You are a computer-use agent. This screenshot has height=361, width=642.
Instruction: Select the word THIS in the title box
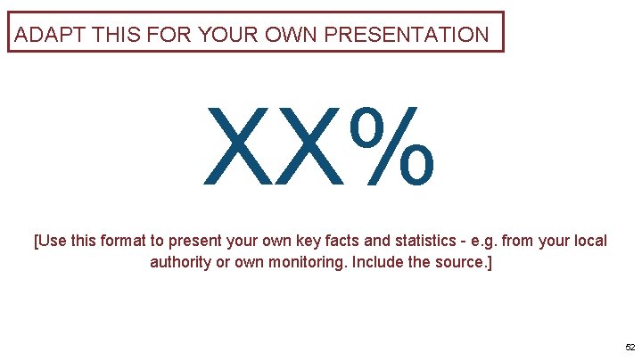[104, 36]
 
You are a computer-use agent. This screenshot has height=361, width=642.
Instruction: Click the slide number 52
[630, 347]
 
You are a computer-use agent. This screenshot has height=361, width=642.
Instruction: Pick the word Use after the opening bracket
[53, 242]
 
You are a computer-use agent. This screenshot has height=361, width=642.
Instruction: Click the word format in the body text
[132, 242]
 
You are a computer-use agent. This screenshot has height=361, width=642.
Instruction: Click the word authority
[179, 263]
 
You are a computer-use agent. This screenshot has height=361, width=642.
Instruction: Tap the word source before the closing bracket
[460, 263]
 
